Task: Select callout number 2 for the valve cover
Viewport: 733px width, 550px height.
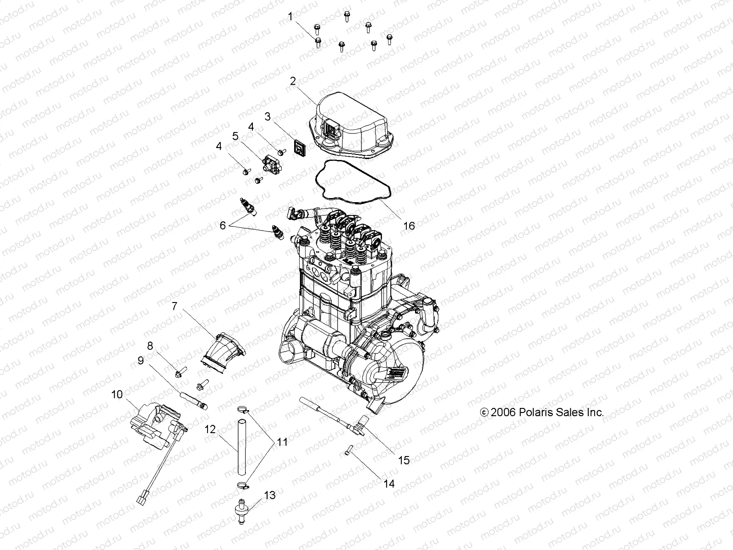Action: (306, 82)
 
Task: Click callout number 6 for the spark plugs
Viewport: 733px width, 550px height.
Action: (223, 225)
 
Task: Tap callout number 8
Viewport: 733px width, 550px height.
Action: (150, 345)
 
